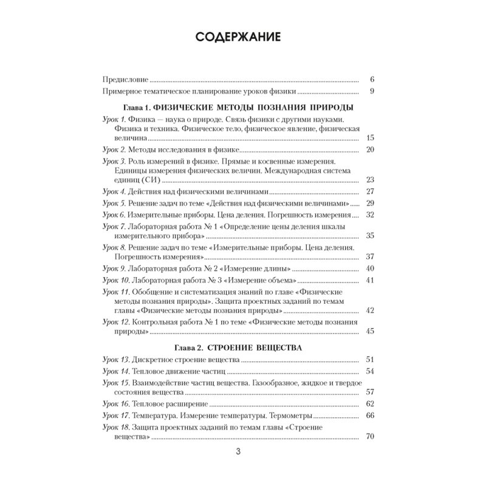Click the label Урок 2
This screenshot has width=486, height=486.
coord(114,149)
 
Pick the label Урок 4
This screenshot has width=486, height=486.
coord(114,191)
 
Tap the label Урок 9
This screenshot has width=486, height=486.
coord(114,268)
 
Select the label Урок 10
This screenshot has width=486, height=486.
coord(115,280)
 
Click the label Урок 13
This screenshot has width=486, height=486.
coord(115,360)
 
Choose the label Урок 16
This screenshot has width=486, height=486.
coord(115,403)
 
